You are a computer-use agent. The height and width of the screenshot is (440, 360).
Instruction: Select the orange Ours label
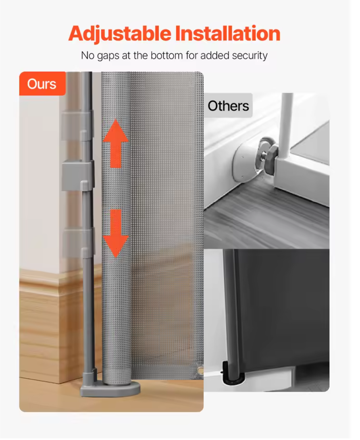click(42, 84)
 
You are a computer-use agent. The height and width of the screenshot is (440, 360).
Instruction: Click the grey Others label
click(228, 106)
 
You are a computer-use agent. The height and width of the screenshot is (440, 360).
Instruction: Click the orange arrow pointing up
click(116, 143)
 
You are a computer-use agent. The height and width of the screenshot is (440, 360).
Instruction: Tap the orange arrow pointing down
click(116, 233)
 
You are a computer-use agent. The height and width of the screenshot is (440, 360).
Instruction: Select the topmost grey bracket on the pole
click(77, 126)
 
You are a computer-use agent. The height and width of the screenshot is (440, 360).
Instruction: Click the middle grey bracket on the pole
click(78, 174)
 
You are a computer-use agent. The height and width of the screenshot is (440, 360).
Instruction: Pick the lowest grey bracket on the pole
click(77, 242)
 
